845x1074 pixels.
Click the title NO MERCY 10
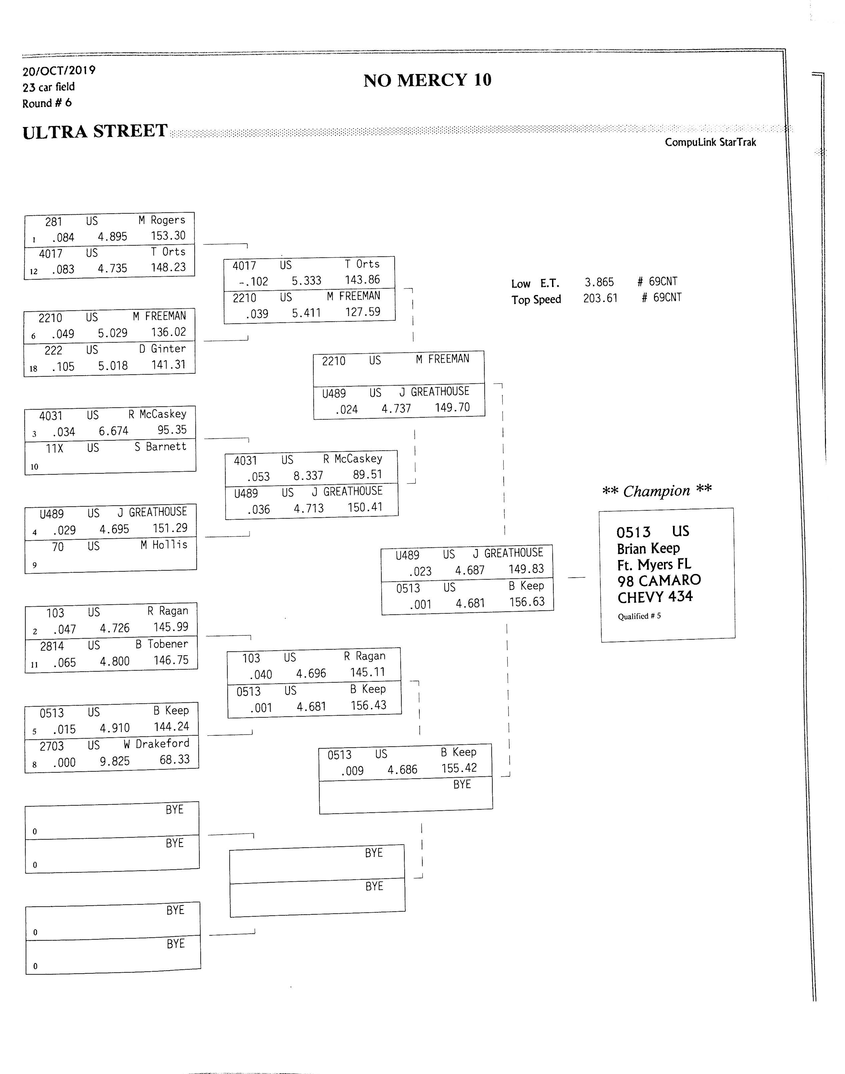(x=427, y=80)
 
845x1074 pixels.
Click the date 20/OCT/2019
(x=59, y=71)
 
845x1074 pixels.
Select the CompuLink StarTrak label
(x=710, y=142)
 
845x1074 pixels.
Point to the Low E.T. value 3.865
(x=599, y=282)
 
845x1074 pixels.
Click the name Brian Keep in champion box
(x=648, y=549)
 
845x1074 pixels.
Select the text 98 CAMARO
(x=659, y=580)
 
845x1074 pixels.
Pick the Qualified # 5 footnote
(x=639, y=616)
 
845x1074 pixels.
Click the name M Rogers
(x=162, y=220)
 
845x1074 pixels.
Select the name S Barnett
(x=160, y=446)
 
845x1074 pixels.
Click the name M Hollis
(x=164, y=545)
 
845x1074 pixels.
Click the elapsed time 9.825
(x=115, y=761)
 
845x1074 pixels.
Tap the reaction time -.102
(x=253, y=281)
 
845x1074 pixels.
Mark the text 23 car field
(x=48, y=87)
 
